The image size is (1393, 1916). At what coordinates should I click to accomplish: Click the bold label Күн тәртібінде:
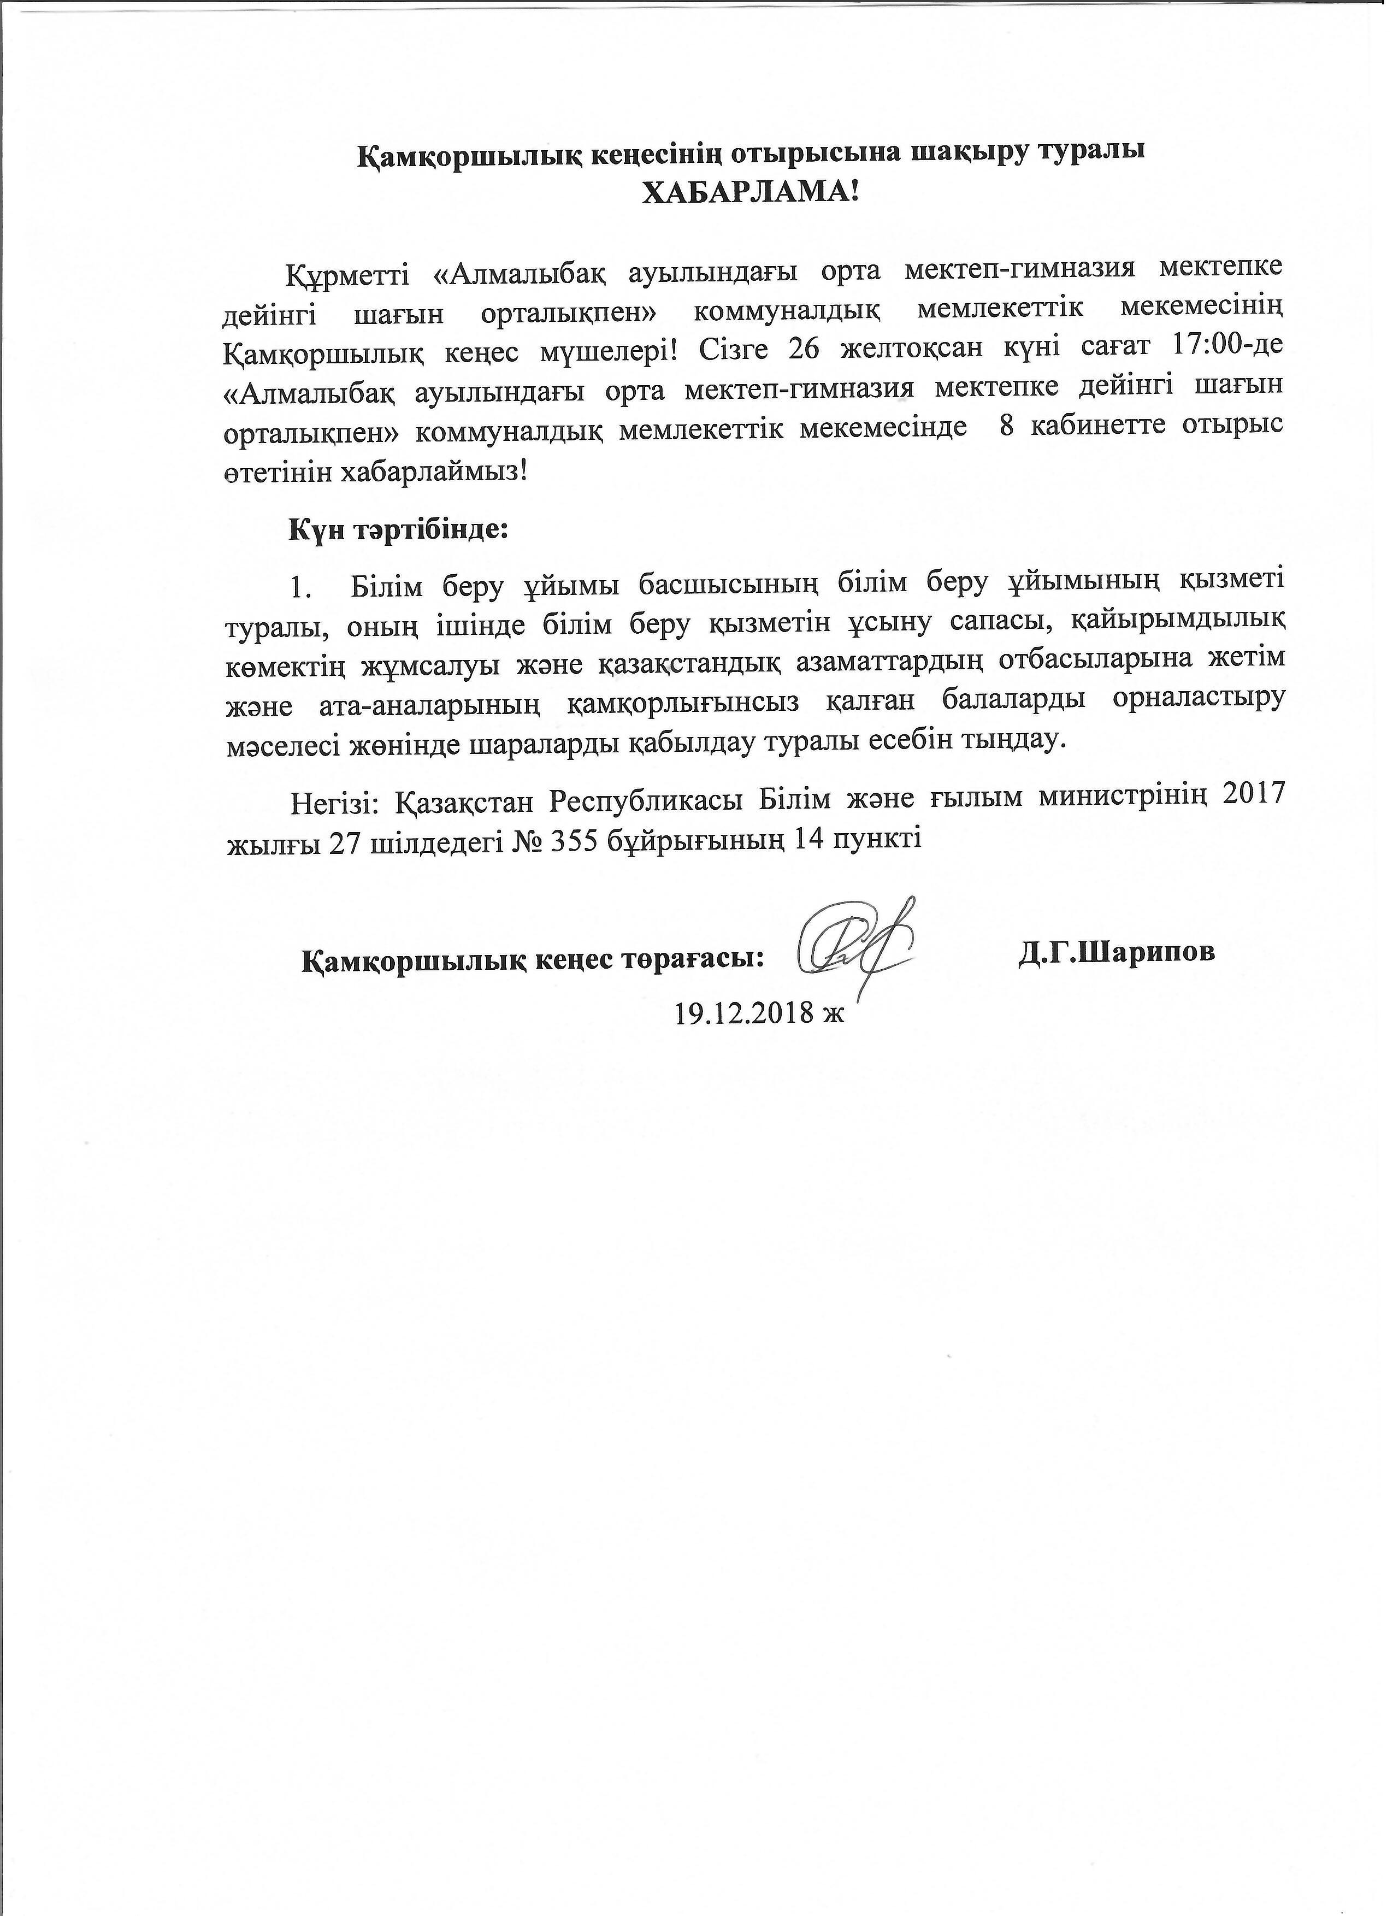(x=399, y=530)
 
